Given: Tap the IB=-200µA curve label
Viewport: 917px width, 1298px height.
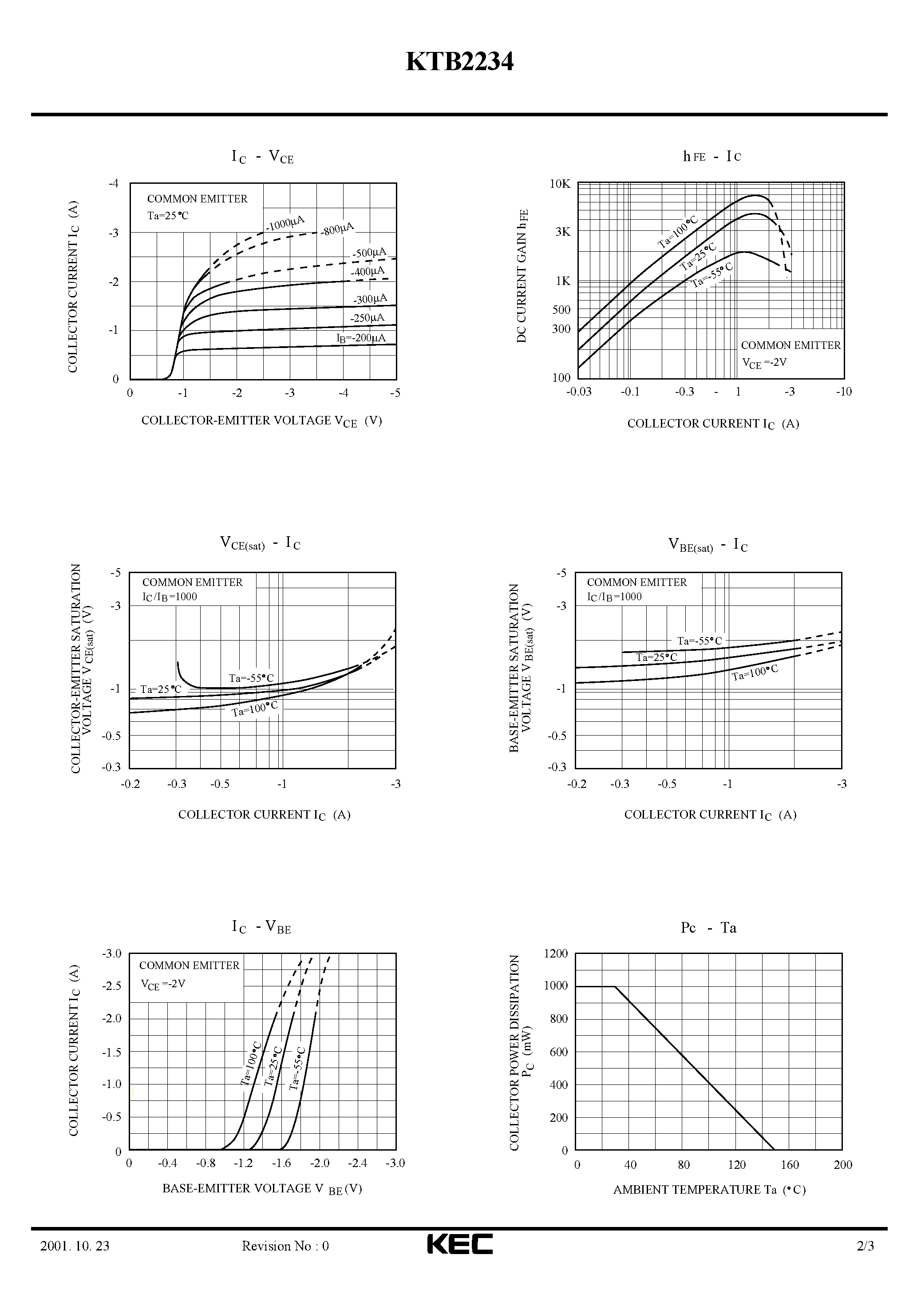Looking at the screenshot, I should [361, 338].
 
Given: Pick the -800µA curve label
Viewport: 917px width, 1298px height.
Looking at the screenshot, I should [337, 229].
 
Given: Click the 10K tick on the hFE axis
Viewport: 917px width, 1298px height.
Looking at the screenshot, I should [560, 184].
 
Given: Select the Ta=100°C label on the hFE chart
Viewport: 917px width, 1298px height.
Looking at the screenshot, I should [678, 232].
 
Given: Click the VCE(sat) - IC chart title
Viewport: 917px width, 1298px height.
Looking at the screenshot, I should [260, 543].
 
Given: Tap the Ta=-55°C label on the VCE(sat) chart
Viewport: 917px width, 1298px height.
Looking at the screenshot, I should [251, 678].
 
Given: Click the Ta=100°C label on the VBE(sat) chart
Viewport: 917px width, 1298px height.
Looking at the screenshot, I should [755, 672].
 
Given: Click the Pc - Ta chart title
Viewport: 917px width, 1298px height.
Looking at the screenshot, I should [708, 928].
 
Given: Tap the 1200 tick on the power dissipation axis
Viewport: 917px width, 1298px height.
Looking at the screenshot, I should [556, 954].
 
